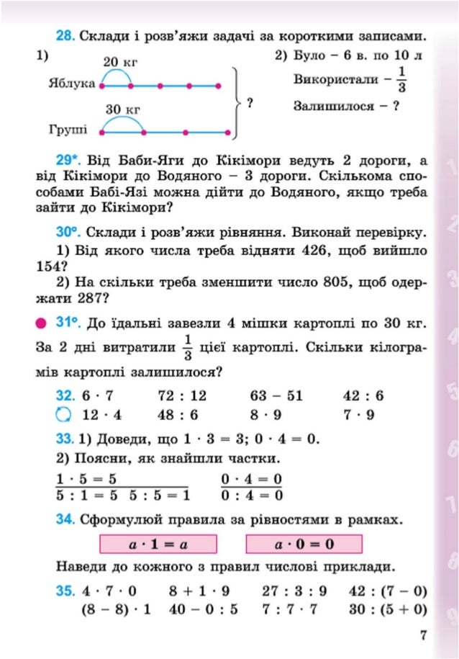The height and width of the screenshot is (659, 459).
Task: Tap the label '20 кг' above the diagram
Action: pos(121,63)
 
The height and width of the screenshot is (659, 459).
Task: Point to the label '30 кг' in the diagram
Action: pos(122,109)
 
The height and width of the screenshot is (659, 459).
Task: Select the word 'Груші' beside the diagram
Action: pos(68,131)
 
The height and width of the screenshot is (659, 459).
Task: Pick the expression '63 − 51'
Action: pos(276,395)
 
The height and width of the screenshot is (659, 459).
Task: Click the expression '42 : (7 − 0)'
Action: pos(387,592)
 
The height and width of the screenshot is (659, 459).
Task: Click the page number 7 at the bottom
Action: pos(423,635)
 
